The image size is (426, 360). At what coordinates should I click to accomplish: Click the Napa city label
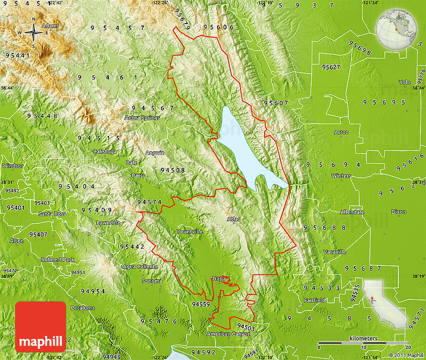[x=219, y=278]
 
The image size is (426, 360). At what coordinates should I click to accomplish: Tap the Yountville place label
[x=189, y=232]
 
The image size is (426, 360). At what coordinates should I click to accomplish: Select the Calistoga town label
[x=105, y=151]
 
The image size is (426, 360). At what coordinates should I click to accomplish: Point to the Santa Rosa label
[x=53, y=214]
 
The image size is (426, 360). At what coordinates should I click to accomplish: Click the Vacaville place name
[x=334, y=252]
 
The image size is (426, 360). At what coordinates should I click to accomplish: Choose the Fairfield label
[x=314, y=300]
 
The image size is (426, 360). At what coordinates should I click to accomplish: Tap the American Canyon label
[x=225, y=333]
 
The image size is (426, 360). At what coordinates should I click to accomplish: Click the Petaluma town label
[x=82, y=307]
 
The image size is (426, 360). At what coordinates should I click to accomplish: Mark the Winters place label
[x=341, y=176]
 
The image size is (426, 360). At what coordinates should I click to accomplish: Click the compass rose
[x=34, y=33]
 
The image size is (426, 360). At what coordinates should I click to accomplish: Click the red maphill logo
[x=41, y=327]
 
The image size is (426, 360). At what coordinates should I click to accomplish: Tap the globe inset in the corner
[x=396, y=29]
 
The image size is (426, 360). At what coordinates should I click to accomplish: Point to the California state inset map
[x=385, y=303]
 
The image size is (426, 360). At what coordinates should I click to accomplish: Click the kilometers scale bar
[x=363, y=344]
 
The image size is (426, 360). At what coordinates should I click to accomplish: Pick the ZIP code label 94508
[x=173, y=170]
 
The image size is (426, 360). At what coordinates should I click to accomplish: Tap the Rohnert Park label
[x=58, y=260]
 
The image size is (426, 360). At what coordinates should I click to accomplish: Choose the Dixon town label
[x=398, y=212]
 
